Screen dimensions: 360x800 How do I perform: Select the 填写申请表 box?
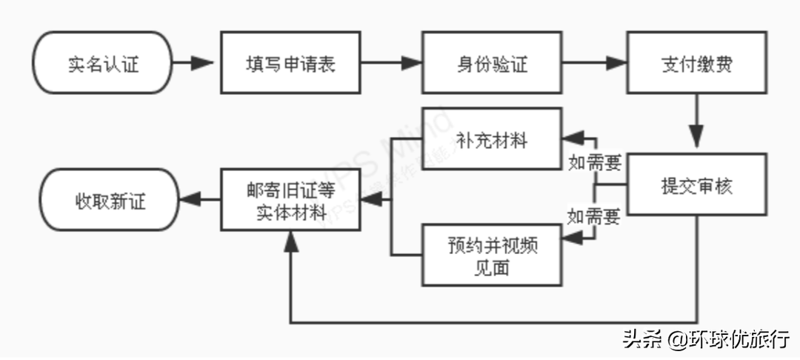[290, 63]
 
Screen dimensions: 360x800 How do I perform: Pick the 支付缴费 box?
[696, 63]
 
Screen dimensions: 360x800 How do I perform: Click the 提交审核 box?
[696, 185]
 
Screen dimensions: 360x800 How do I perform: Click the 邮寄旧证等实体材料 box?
[291, 199]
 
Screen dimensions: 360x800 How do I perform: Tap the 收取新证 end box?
[110, 199]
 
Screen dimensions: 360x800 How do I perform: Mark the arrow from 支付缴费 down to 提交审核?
[696, 122]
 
